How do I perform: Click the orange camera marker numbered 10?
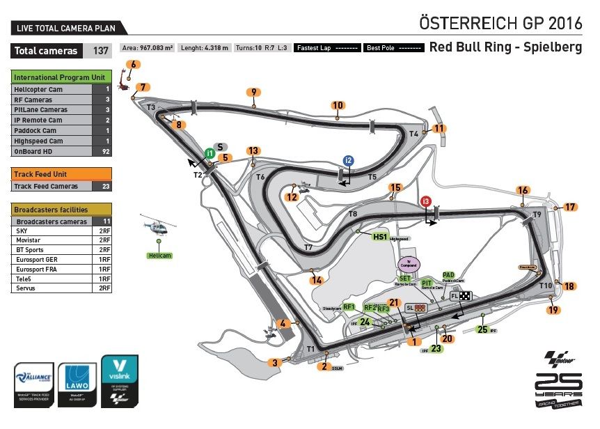click(338, 106)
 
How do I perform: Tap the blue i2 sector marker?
click(348, 160)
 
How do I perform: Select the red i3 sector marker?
click(426, 201)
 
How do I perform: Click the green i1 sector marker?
click(209, 153)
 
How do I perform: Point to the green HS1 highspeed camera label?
click(379, 237)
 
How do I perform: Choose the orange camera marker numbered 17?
click(570, 207)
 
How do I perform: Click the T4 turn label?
click(413, 134)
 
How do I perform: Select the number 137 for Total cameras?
click(101, 51)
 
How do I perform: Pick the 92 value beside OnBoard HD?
click(106, 151)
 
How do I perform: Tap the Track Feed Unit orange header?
click(61, 174)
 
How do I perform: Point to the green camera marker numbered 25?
click(482, 329)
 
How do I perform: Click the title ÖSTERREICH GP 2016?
click(500, 22)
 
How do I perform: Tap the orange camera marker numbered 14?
click(317, 280)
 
